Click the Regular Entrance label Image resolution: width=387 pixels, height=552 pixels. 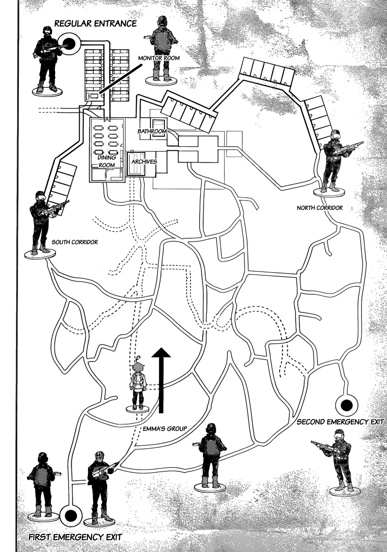point(95,23)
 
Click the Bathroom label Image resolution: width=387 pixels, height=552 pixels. point(152,131)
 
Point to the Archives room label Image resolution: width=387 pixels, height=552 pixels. point(144,162)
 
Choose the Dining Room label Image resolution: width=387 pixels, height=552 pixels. point(107,161)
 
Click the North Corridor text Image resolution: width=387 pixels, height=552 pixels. point(319,208)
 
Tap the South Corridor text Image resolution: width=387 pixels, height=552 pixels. point(75,242)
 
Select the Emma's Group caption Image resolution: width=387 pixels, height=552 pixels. point(165,428)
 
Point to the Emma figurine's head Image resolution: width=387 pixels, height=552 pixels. point(138,364)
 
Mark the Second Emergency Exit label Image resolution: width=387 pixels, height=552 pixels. point(340,422)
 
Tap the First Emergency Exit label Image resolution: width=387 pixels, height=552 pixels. point(75,537)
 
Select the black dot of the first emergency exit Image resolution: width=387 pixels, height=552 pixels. point(70,515)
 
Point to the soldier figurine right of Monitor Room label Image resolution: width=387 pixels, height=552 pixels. point(162,47)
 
